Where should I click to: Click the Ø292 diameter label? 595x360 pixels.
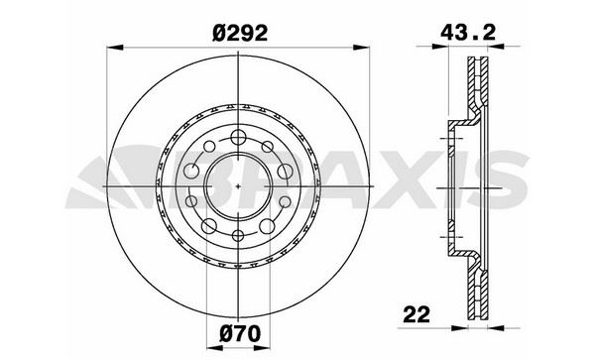[x=240, y=34]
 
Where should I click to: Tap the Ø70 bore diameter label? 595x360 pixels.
[x=241, y=334]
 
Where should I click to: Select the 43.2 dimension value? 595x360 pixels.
[x=468, y=33]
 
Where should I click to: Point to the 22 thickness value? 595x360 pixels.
[x=416, y=314]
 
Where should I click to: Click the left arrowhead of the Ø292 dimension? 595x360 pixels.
[x=115, y=48]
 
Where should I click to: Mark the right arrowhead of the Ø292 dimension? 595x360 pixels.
[x=361, y=48]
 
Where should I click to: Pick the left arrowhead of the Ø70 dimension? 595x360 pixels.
[x=214, y=348]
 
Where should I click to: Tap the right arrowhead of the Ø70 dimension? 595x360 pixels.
[x=262, y=348]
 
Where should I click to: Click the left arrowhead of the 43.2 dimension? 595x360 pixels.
[x=440, y=47]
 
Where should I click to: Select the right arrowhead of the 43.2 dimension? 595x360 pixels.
[x=496, y=47]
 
